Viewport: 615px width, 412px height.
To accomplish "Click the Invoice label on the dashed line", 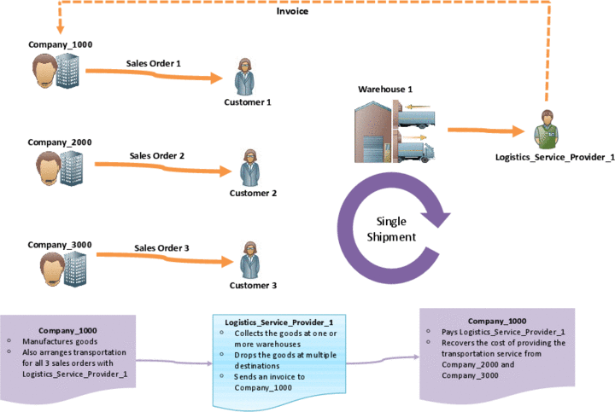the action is coord(292,11).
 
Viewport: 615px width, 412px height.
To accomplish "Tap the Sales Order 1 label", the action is coord(154,63).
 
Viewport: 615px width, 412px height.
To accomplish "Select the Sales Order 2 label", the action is coord(157,155).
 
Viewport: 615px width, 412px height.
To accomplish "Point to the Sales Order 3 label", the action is coord(161,248).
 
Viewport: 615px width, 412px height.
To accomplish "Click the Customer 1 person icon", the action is coord(245,77).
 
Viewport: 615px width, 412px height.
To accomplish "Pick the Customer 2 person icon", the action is coord(249,168).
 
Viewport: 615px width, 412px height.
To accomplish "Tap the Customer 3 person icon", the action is coord(249,260).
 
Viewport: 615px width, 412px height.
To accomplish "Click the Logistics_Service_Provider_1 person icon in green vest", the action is coord(547,130).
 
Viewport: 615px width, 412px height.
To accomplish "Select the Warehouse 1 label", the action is coord(385,90).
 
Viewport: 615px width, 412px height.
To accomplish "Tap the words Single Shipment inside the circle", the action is coord(391,229).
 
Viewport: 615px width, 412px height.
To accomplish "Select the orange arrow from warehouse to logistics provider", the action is coord(486,131).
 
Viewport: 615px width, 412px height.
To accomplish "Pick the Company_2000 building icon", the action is coord(72,168).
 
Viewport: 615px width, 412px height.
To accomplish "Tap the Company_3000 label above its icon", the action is coord(60,245).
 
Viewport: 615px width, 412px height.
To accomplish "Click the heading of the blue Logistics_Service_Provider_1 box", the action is coord(278,322).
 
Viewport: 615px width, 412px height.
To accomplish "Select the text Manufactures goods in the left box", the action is coord(60,341).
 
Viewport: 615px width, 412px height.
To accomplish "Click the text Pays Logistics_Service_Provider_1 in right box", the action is coord(503,332).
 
